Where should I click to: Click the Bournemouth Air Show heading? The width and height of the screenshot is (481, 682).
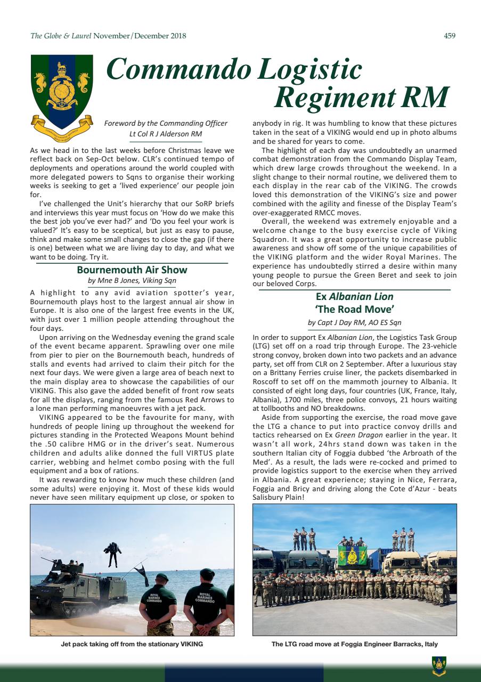point(132,270)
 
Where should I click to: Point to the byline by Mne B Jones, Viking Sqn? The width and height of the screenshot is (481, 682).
point(132,280)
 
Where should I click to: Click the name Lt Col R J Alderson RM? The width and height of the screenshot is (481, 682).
point(166,134)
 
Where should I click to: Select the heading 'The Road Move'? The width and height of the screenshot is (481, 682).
point(354,309)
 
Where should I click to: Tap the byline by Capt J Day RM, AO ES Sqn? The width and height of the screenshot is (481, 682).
point(354,322)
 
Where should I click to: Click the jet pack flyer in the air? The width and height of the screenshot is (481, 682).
point(112,554)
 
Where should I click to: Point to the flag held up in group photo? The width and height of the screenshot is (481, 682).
point(353,556)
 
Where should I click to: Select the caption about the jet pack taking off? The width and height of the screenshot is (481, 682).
point(132,644)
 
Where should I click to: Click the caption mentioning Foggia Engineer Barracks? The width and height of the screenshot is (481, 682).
point(354,644)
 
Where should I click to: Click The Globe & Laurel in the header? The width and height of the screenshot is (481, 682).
point(61,36)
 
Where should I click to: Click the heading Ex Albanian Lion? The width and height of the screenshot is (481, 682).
point(354,296)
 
